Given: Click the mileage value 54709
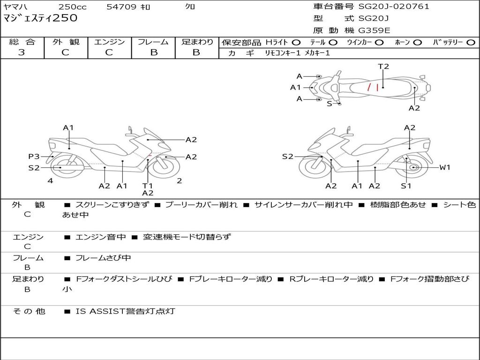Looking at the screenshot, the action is tap(121, 7).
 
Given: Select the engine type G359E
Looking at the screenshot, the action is tap(374, 30).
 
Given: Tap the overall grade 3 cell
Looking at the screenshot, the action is tap(22, 52).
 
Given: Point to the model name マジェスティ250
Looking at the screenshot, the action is tap(40, 19).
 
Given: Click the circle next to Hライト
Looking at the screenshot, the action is tap(296, 42).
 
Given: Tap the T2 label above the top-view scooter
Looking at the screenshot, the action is tap(383, 67).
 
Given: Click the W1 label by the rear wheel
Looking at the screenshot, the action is tap(444, 167).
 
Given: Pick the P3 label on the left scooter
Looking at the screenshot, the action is tap(34, 157).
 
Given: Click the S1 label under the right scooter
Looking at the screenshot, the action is tap(406, 186).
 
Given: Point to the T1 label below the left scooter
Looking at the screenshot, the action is tap(148, 186).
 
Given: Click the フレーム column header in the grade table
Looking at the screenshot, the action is tap(153, 42).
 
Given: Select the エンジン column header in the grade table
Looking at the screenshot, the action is tap(109, 42).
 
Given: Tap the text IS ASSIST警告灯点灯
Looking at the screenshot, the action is tap(125, 311).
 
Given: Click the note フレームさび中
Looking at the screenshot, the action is tap(103, 258).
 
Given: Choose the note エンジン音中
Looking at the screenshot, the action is tap(100, 237).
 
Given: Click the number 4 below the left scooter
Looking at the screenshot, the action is tap(50, 181).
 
